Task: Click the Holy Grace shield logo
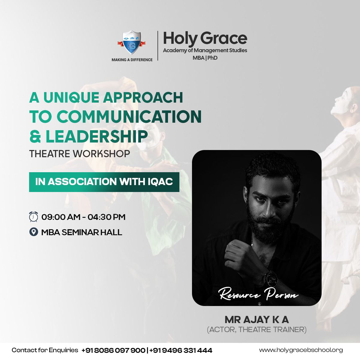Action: tap(131, 42)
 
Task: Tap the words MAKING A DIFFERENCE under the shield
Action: tap(132, 60)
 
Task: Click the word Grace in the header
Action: tap(224, 38)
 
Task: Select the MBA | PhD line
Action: tap(205, 58)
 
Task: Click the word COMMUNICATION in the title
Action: tap(129, 117)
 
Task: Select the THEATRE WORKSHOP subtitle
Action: tap(79, 154)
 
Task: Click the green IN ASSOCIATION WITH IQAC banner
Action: tap(104, 182)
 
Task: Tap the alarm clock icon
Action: tap(33, 217)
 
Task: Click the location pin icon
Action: tap(34, 232)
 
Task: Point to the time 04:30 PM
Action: tap(106, 217)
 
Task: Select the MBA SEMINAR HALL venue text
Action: tap(82, 232)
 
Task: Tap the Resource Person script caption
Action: tap(258, 295)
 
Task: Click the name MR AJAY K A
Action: tap(257, 320)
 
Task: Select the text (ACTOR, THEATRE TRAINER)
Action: tap(257, 329)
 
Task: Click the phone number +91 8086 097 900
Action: tap(113, 350)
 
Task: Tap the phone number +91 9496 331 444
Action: tap(181, 350)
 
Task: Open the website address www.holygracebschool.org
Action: tap(301, 350)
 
